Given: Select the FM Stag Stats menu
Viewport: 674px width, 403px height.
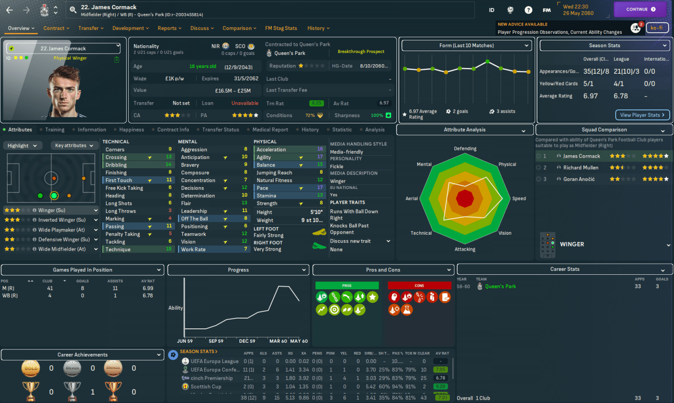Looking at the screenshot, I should pos(281,28).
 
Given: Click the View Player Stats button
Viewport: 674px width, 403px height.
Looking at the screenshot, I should pos(642,115).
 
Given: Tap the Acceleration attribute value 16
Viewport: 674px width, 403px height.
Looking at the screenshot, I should pos(320,149).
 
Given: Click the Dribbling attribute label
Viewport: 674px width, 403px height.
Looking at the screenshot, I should pos(116,165).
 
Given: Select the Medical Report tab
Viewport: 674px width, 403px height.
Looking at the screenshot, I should pos(270,130).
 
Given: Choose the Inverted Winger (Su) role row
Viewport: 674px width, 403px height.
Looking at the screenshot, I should pos(62,220).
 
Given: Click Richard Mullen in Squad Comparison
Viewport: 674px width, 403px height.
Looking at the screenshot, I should pos(581,168).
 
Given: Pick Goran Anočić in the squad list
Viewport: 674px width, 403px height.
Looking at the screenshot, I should pos(579,179).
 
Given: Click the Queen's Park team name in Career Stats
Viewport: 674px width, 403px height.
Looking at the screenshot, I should pos(500,286).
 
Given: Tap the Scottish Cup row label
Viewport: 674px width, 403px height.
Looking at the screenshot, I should pos(206,387).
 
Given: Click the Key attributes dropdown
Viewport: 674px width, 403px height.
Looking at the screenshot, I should pos(73,146).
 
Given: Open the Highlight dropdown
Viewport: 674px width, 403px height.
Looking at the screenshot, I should pos(22,146).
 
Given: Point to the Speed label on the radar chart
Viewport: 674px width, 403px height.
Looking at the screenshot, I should pos(519,199).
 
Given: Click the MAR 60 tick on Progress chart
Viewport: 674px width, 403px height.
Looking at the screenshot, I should pos(278,341).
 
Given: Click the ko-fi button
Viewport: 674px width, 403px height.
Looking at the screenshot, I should pos(657,28).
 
